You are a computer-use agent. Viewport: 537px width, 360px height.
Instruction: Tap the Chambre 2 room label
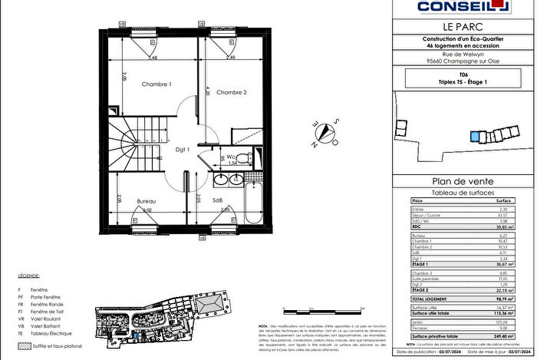231,93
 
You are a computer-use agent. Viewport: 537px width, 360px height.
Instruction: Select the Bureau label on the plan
147,200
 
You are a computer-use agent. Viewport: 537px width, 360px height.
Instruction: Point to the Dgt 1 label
182,150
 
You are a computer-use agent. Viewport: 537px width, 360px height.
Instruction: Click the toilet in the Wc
240,159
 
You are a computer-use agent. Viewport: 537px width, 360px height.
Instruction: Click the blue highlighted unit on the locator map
485,137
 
